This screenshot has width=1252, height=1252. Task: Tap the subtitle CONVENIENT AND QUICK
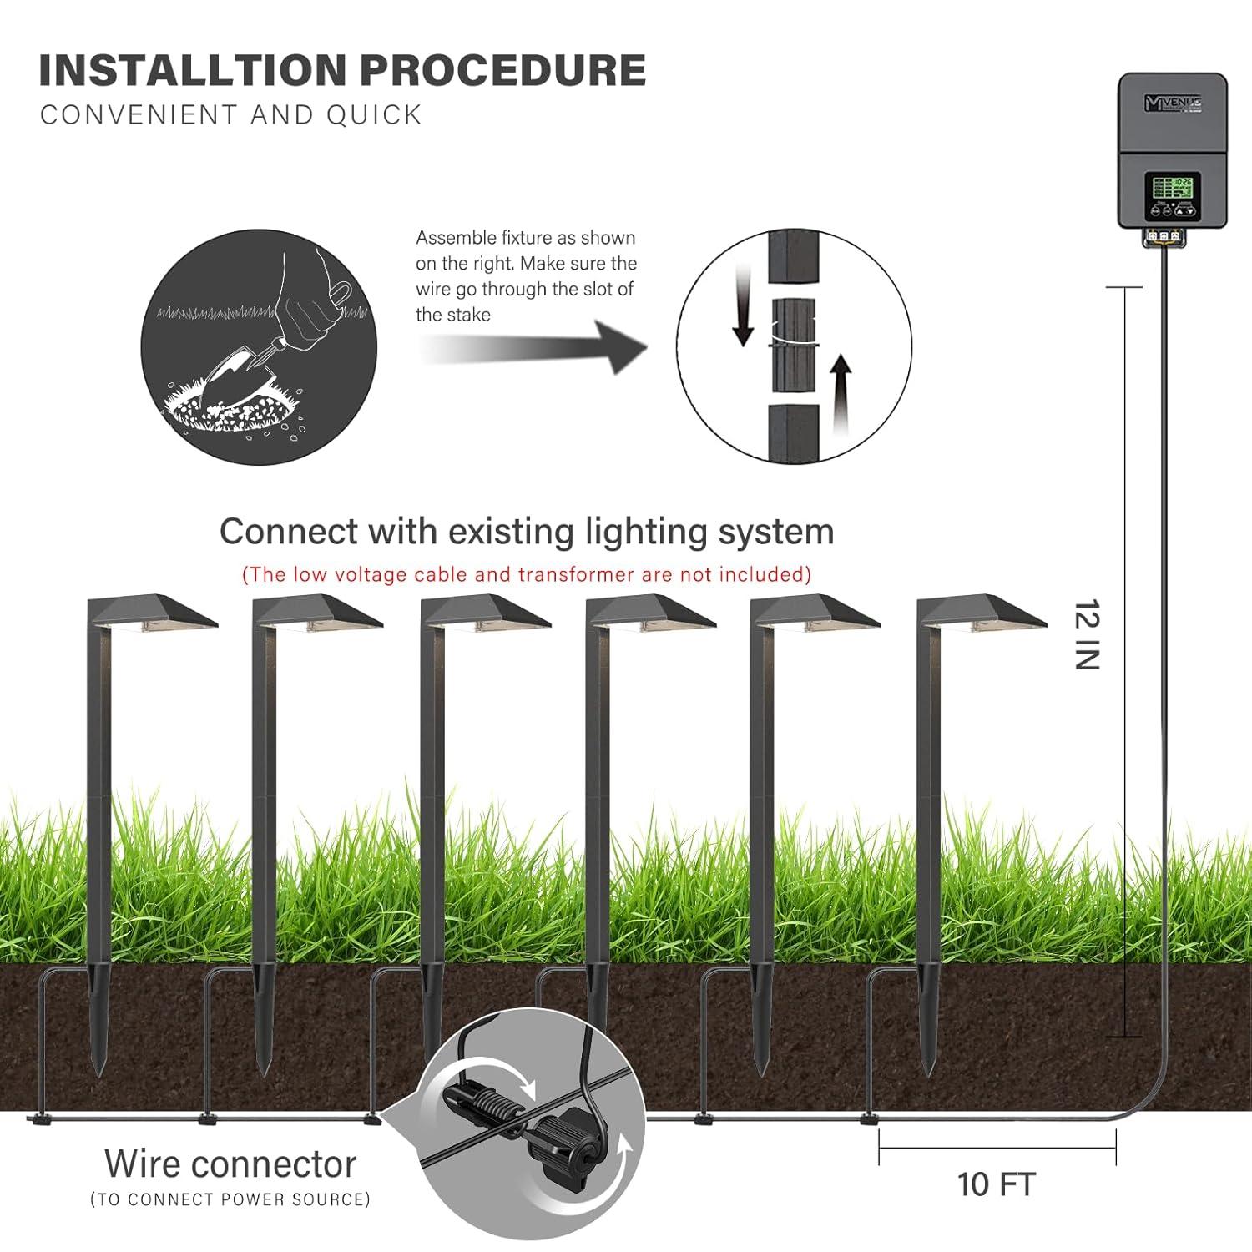(231, 114)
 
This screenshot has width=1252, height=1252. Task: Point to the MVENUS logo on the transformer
(1172, 103)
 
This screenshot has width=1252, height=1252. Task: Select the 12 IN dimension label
(1087, 634)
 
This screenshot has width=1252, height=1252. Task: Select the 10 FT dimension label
(996, 1184)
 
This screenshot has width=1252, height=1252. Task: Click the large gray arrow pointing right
(534, 346)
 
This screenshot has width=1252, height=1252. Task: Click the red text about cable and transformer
(526, 574)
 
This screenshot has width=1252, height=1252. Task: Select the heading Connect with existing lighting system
(526, 532)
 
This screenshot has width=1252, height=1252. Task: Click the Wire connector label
(230, 1164)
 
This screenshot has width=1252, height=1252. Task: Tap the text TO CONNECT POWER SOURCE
(230, 1199)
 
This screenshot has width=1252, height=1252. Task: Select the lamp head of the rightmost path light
(981, 612)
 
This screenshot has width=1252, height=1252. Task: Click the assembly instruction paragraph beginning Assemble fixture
(526, 276)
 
